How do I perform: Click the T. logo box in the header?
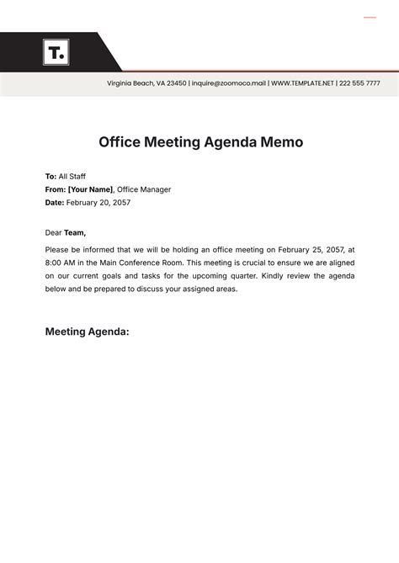[56, 52]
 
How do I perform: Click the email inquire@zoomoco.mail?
[229, 83]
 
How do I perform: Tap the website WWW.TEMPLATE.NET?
[302, 83]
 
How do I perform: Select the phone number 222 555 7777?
[360, 83]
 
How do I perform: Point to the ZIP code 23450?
[175, 83]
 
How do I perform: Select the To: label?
[51, 177]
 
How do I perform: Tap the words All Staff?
[72, 177]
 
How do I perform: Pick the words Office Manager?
[144, 189]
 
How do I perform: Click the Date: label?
[54, 202]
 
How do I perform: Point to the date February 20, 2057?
[98, 202]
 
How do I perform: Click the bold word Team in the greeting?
[75, 233]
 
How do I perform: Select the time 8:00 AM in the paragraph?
[60, 263]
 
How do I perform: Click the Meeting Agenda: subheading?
[87, 332]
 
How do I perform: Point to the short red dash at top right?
[370, 17]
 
